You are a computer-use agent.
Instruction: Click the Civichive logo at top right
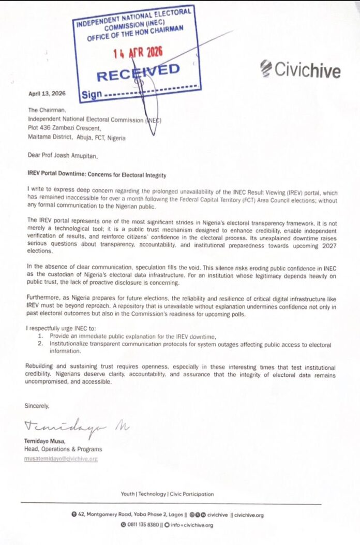(300, 69)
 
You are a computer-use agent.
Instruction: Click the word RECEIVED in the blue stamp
(138, 72)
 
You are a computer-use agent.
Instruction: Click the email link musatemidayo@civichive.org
(61, 459)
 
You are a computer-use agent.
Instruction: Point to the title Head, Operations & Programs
(63, 449)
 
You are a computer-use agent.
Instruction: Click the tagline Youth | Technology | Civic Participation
(167, 494)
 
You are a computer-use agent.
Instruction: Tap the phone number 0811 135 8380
(142, 525)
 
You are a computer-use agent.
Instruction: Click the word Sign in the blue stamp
(92, 95)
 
